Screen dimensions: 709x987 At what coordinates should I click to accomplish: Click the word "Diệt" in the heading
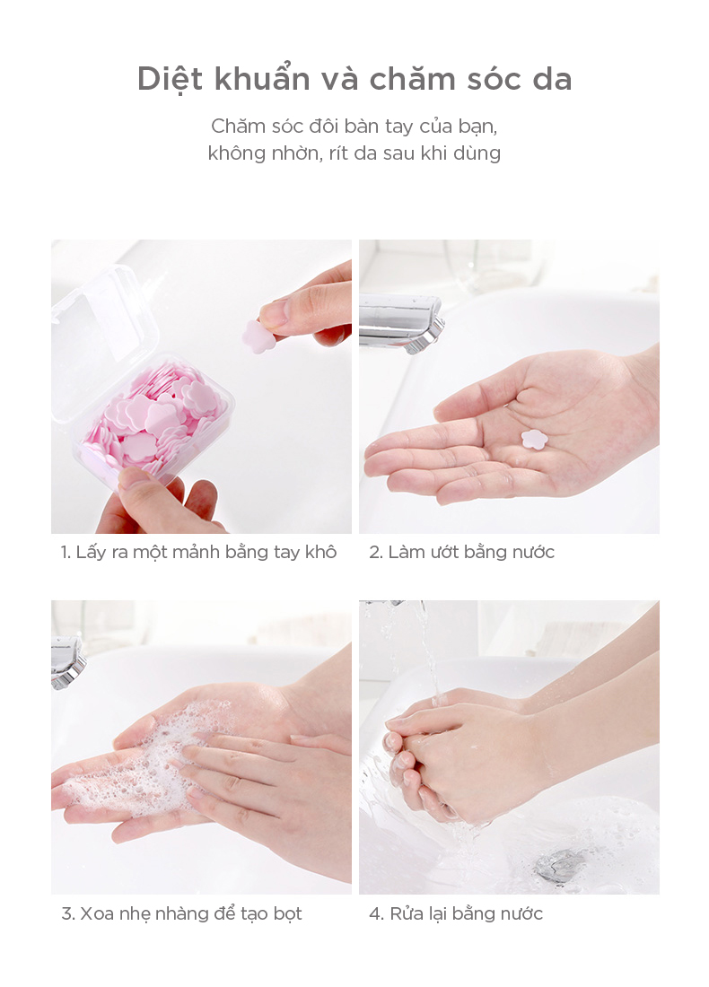(x=170, y=80)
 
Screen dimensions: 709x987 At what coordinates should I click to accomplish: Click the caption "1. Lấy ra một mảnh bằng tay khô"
(x=198, y=552)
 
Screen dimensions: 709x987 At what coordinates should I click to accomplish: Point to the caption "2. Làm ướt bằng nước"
(x=461, y=552)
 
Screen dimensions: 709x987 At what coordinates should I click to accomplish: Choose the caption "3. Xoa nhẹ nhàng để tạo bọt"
(x=181, y=913)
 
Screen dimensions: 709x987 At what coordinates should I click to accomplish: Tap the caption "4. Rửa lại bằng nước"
(x=456, y=913)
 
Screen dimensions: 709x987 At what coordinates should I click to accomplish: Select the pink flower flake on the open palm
(x=534, y=439)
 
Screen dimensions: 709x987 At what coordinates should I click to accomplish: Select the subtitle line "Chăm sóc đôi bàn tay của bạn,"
(x=354, y=127)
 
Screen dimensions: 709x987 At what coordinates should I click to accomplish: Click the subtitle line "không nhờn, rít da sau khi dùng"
(x=354, y=153)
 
